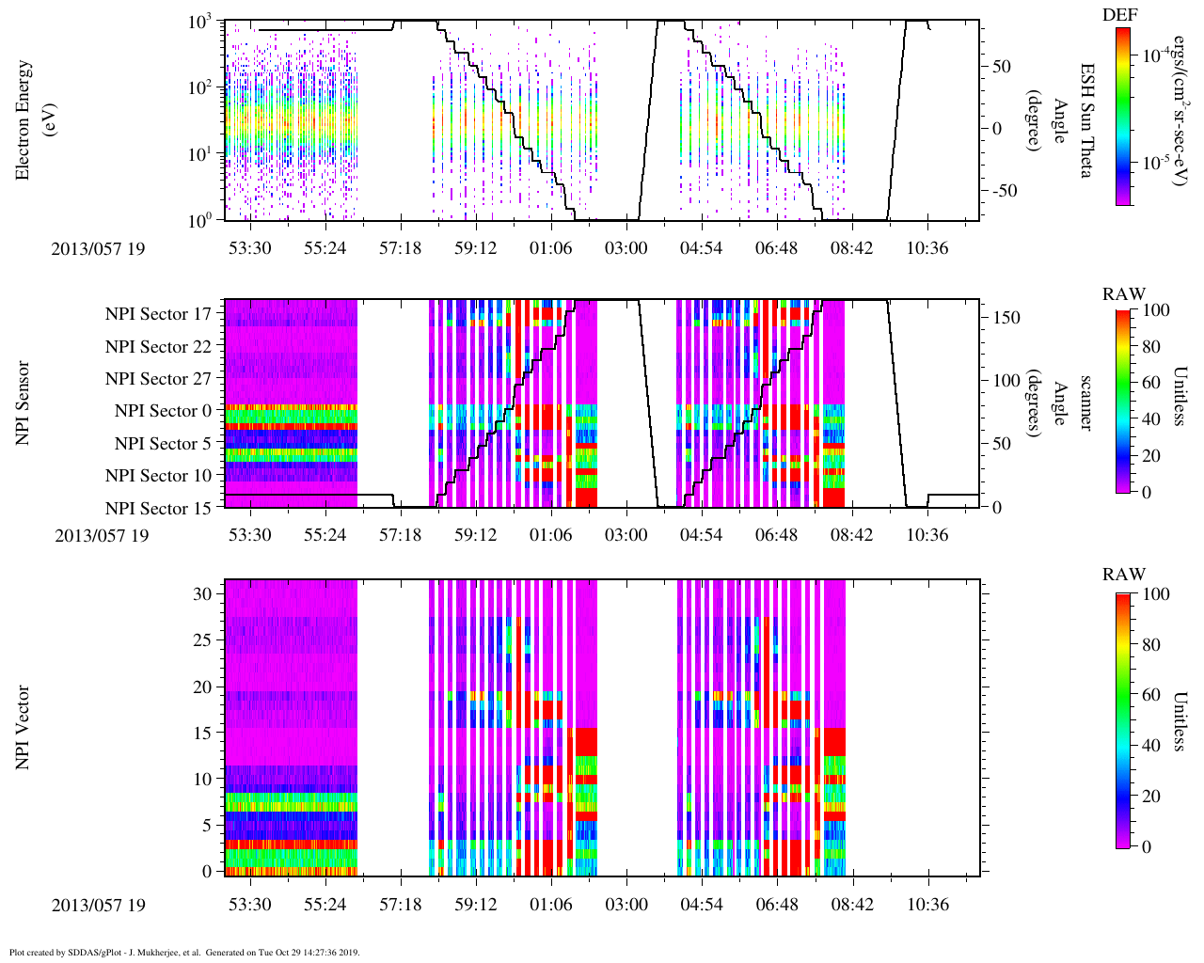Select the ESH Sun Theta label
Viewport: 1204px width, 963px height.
pos(1087,120)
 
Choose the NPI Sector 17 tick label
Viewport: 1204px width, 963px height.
pos(159,314)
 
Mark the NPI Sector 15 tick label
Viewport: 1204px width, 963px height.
pos(159,509)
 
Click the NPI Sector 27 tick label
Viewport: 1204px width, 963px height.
pos(159,379)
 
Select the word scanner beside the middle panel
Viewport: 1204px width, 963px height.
pos(1085,403)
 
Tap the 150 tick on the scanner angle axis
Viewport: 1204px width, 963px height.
pos(1007,318)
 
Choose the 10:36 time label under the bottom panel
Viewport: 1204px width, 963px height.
pos(928,905)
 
